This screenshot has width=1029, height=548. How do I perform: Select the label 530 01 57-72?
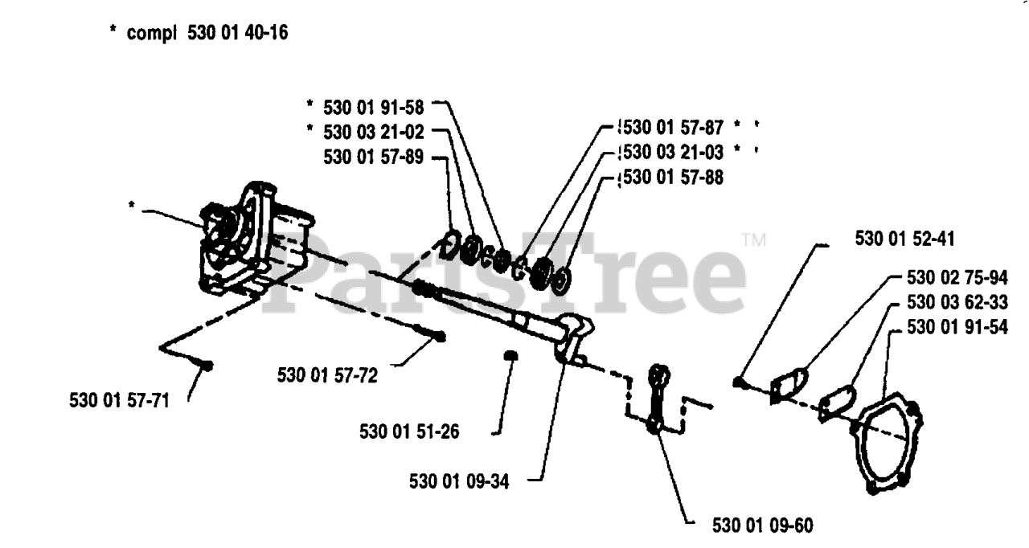(x=327, y=374)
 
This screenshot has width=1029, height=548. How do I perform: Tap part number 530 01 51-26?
(x=409, y=431)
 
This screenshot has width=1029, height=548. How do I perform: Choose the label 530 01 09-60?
(x=763, y=526)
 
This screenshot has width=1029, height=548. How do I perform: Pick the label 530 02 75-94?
(x=957, y=277)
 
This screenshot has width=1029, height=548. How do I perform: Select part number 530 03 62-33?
(x=957, y=302)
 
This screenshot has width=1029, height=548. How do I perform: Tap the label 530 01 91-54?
(x=957, y=327)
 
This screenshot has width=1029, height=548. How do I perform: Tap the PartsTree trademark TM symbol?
(x=753, y=239)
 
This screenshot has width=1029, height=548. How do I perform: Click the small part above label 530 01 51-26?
(x=510, y=357)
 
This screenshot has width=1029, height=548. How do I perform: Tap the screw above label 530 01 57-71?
(x=206, y=366)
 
